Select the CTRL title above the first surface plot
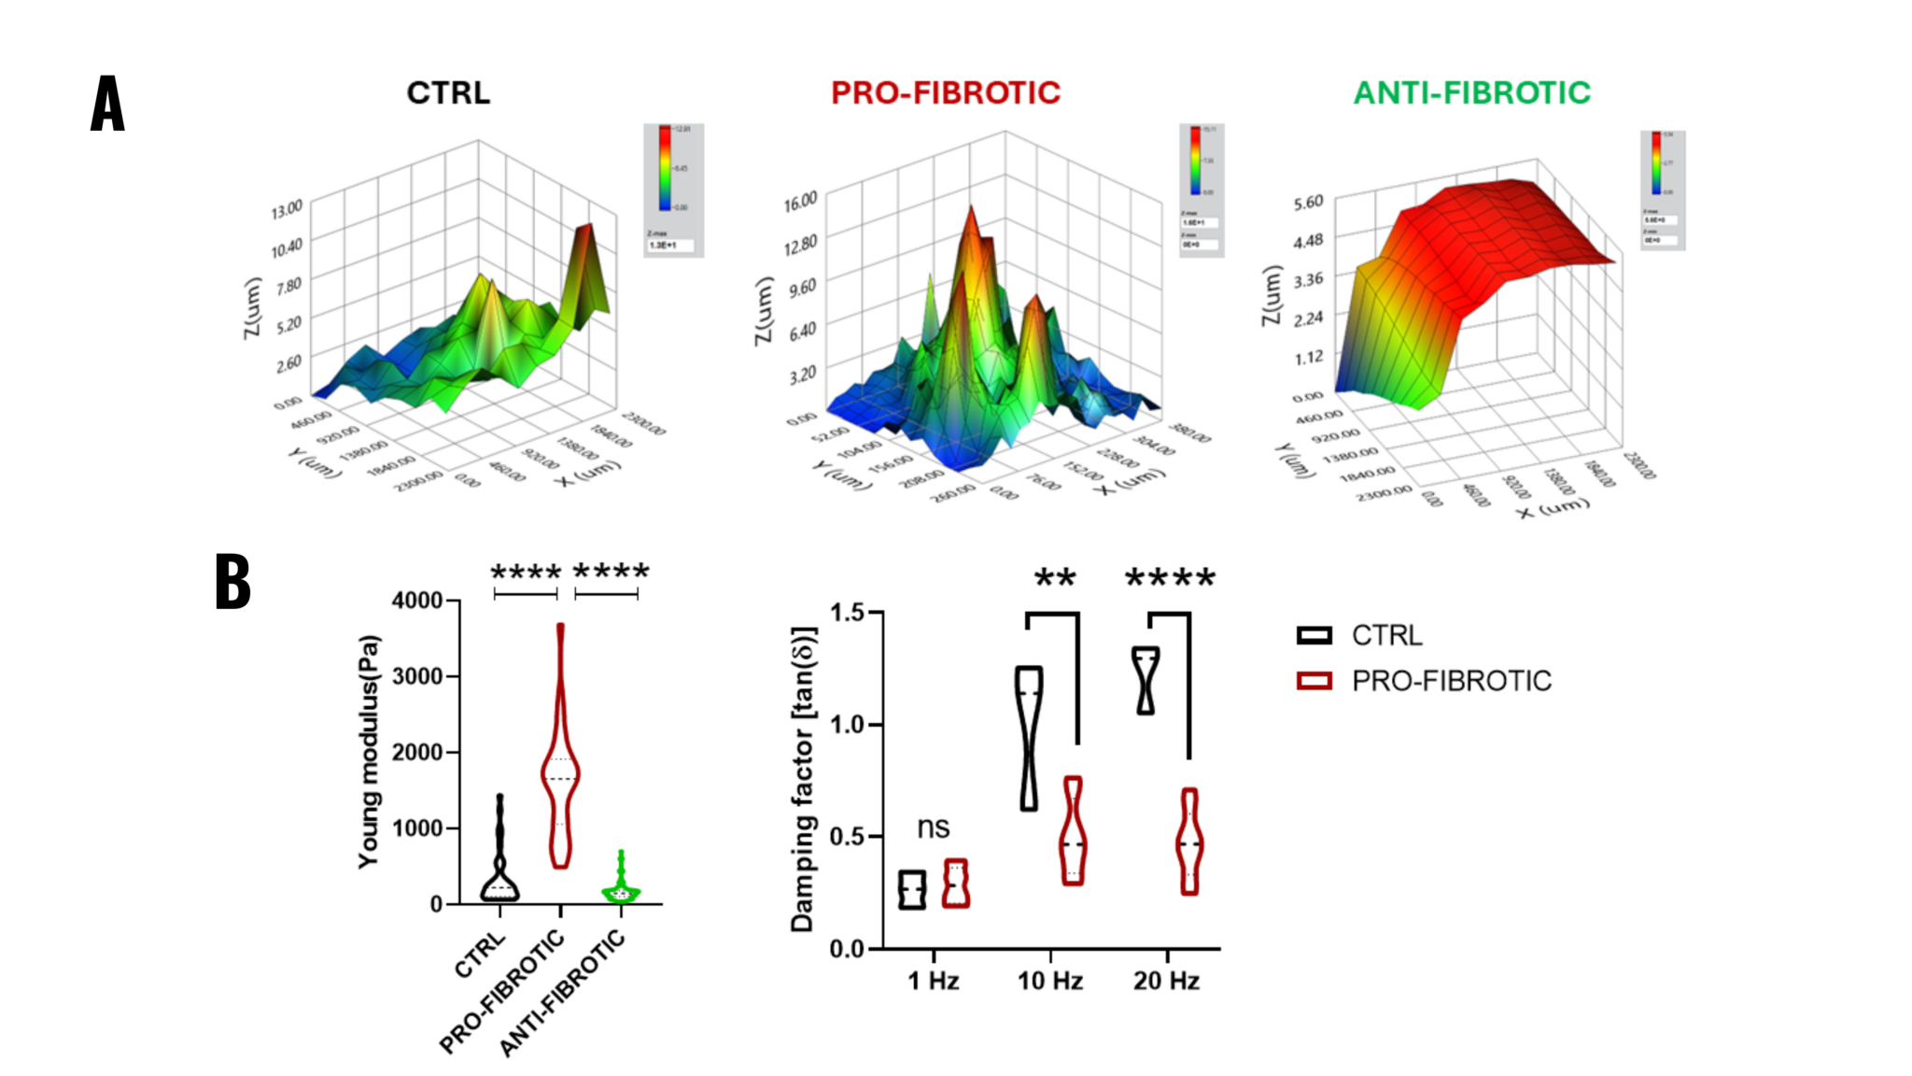pyautogui.click(x=448, y=93)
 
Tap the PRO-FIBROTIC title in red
pyautogui.click(x=945, y=93)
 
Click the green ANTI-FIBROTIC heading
pyautogui.click(x=1471, y=93)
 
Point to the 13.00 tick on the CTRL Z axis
pyautogui.click(x=287, y=209)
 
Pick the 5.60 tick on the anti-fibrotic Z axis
pyautogui.click(x=1308, y=203)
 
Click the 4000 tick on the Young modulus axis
pyautogui.click(x=416, y=601)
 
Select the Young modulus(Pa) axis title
pyautogui.click(x=370, y=752)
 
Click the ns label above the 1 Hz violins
pyautogui.click(x=933, y=828)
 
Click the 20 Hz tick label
pyautogui.click(x=1166, y=981)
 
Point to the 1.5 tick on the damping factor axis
pyautogui.click(x=848, y=613)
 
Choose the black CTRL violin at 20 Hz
pyautogui.click(x=1146, y=680)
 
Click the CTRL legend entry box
pyautogui.click(x=1314, y=636)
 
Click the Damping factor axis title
pyautogui.click(x=803, y=780)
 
